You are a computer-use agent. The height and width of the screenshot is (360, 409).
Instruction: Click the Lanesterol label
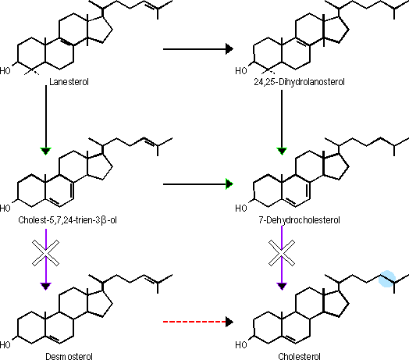click(69, 82)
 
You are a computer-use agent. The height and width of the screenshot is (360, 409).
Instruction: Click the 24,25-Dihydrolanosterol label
click(299, 82)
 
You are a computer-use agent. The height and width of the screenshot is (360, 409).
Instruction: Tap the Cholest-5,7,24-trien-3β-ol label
click(67, 220)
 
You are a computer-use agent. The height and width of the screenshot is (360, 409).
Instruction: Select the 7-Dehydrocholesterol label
click(299, 220)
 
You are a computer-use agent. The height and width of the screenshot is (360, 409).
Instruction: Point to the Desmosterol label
click(69, 356)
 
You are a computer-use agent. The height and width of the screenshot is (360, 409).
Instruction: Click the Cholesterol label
click(299, 356)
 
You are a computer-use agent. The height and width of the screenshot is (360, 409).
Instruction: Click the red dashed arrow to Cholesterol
click(198, 322)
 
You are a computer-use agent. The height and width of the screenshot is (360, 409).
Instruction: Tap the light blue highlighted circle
click(387, 279)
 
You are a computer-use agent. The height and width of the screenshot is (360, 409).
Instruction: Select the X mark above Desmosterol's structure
click(45, 253)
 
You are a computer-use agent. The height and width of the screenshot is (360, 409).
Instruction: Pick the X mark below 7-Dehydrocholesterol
click(282, 253)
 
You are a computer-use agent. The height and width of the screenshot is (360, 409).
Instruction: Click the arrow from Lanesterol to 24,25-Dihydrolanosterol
click(198, 49)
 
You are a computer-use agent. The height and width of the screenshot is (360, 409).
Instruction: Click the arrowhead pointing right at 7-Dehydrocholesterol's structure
click(229, 184)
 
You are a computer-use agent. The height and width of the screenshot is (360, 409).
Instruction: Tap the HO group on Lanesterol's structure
click(5, 71)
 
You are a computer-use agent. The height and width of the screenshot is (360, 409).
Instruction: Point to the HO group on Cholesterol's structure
click(241, 345)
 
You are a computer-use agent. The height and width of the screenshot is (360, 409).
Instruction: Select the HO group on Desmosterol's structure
click(5, 345)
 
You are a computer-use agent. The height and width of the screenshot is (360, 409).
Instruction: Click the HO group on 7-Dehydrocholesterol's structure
click(241, 208)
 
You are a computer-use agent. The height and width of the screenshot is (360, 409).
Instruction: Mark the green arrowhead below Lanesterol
click(45, 151)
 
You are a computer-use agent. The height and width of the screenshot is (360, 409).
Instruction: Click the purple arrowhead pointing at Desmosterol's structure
click(45, 286)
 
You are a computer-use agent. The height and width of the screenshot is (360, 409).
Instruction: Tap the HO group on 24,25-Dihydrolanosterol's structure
click(241, 71)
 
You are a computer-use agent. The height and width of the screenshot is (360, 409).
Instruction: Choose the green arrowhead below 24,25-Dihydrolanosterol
click(282, 151)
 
